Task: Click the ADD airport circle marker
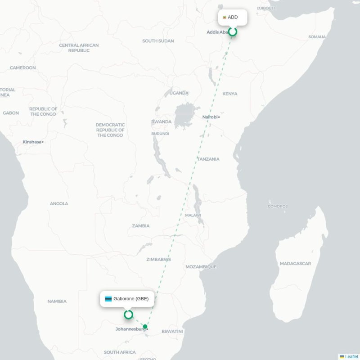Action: pos(233,31)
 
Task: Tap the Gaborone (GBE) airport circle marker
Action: pos(128,315)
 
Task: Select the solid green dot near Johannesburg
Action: pos(145,327)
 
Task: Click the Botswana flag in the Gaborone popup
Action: pos(108,299)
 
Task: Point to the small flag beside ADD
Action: pos(224,18)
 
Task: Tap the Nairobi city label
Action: pos(210,117)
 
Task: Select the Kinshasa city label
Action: pos(32,142)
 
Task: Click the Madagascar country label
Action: pos(295,263)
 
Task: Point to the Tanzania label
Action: pos(208,159)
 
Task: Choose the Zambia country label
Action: pos(141,226)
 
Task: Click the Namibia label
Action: pos(57,301)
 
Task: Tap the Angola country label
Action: pos(59,203)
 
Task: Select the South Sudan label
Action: pos(158,41)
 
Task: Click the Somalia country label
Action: pos(317,37)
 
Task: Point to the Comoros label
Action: pos(278,207)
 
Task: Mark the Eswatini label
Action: pos(172,331)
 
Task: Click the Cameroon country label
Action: pos(23,68)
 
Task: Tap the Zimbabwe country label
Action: pos(158,260)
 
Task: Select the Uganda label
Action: pos(179,93)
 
